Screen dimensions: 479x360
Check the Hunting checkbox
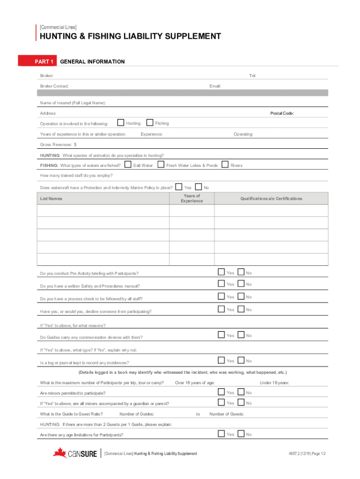(121, 123)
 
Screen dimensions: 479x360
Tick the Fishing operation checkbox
(150, 123)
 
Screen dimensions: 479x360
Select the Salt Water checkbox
(128, 165)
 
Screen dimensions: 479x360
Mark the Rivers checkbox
(225, 165)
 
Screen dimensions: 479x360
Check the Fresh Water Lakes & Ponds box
(161, 165)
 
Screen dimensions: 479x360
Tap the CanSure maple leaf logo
(60, 453)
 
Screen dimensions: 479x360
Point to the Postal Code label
(282, 113)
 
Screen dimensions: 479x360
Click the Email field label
(215, 86)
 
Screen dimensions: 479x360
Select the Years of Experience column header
(192, 198)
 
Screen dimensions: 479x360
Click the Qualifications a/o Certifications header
(271, 198)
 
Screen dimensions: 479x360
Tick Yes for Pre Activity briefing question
(221, 272)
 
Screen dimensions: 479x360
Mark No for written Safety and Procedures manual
(241, 283)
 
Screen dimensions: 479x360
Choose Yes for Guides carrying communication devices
(221, 334)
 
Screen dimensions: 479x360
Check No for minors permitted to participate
(241, 392)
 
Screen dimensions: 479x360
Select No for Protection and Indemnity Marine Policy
(198, 187)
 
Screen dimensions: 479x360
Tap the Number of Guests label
(227, 414)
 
